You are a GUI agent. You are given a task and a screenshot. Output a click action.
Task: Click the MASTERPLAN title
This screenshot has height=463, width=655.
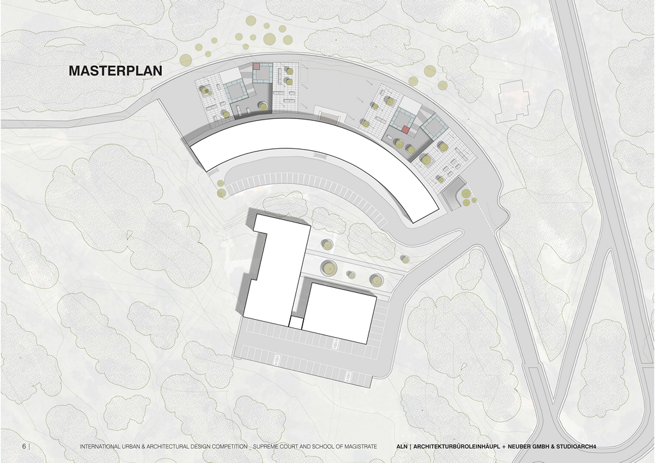pos(115,70)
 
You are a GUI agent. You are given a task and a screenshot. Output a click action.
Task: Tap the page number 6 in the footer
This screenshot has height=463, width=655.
pos(24,446)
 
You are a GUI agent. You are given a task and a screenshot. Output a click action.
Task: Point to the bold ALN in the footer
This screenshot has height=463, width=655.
pos(402,447)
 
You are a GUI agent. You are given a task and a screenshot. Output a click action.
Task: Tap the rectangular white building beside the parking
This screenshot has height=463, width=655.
pos(339,313)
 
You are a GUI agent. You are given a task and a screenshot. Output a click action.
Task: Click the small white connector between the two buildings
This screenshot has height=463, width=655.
pos(296,322)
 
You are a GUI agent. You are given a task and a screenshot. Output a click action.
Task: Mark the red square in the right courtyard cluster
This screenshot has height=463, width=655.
pos(405,130)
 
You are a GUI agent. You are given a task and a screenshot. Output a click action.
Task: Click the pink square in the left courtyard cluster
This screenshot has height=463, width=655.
pos(256,66)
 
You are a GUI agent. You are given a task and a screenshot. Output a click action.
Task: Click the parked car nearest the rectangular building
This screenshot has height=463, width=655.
pos(335,344)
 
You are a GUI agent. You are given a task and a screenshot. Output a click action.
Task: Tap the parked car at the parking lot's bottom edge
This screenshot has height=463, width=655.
pos(348,376)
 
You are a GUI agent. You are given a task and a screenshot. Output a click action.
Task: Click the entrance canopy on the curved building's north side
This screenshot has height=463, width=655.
pos(331,113)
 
